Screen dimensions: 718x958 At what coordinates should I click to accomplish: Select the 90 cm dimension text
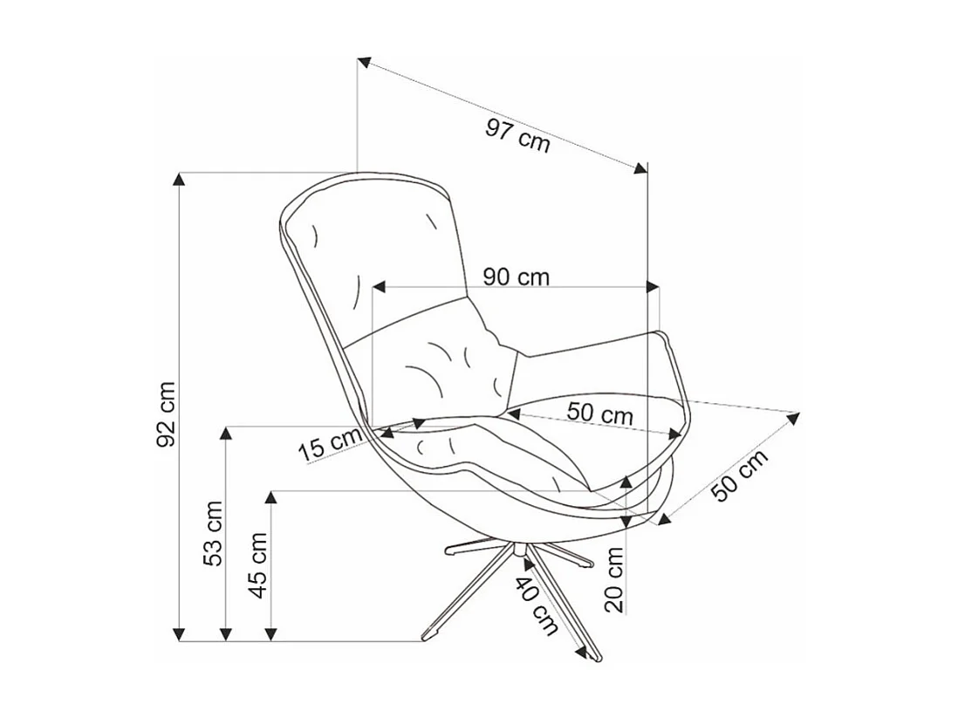(517, 277)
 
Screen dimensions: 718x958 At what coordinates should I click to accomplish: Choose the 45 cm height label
(258, 564)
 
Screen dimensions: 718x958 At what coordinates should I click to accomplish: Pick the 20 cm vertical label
(615, 579)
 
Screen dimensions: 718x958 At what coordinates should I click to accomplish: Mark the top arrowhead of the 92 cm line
(179, 179)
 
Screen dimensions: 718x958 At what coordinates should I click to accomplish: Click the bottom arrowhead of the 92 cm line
(179, 634)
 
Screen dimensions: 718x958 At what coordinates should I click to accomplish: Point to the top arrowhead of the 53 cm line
(226, 433)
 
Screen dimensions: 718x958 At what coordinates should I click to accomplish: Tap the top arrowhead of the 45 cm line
(271, 497)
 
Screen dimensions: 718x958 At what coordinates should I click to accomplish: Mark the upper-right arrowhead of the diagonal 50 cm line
(793, 417)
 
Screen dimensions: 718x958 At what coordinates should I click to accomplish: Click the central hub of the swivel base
(518, 551)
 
